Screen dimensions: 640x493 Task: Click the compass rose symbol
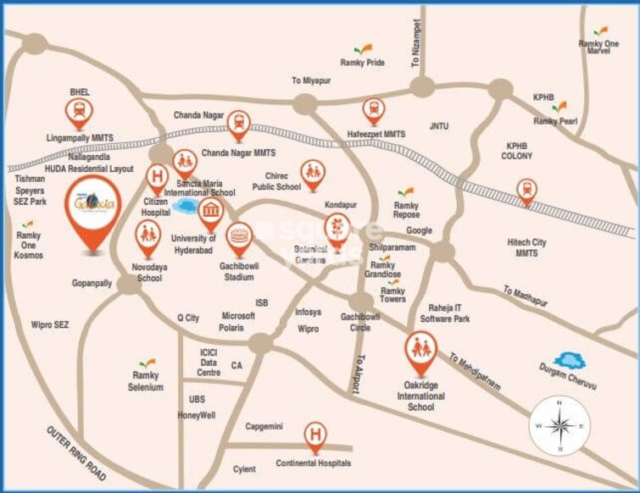click(559, 424)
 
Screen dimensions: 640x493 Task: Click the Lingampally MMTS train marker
click(79, 111)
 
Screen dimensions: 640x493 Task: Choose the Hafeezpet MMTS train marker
click(373, 110)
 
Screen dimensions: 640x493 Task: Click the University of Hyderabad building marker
click(210, 212)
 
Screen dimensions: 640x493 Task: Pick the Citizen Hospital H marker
click(156, 178)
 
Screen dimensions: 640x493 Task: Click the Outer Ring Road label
click(75, 453)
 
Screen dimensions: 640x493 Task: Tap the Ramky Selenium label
click(146, 381)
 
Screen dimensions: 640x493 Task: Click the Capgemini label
click(264, 426)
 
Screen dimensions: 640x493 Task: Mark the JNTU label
click(438, 126)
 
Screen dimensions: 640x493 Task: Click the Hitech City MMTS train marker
click(526, 191)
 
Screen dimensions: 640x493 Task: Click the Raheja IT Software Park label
click(445, 313)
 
